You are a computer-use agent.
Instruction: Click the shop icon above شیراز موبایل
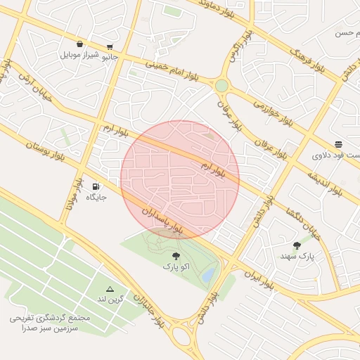tap(79, 44)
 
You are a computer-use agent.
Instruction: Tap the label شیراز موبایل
tap(80, 54)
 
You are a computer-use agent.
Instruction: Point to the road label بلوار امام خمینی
tap(172, 70)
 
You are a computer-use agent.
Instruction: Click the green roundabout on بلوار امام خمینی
tap(222, 85)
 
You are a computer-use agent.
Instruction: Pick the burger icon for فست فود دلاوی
tap(339, 144)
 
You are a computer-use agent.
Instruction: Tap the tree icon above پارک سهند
tap(296, 245)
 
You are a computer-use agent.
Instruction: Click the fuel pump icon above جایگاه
tap(96, 186)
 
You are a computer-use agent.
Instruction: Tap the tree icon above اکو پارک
tap(176, 256)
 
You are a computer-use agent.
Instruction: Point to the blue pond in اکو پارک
tap(208, 276)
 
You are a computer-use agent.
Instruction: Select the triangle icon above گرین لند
tap(110, 289)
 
